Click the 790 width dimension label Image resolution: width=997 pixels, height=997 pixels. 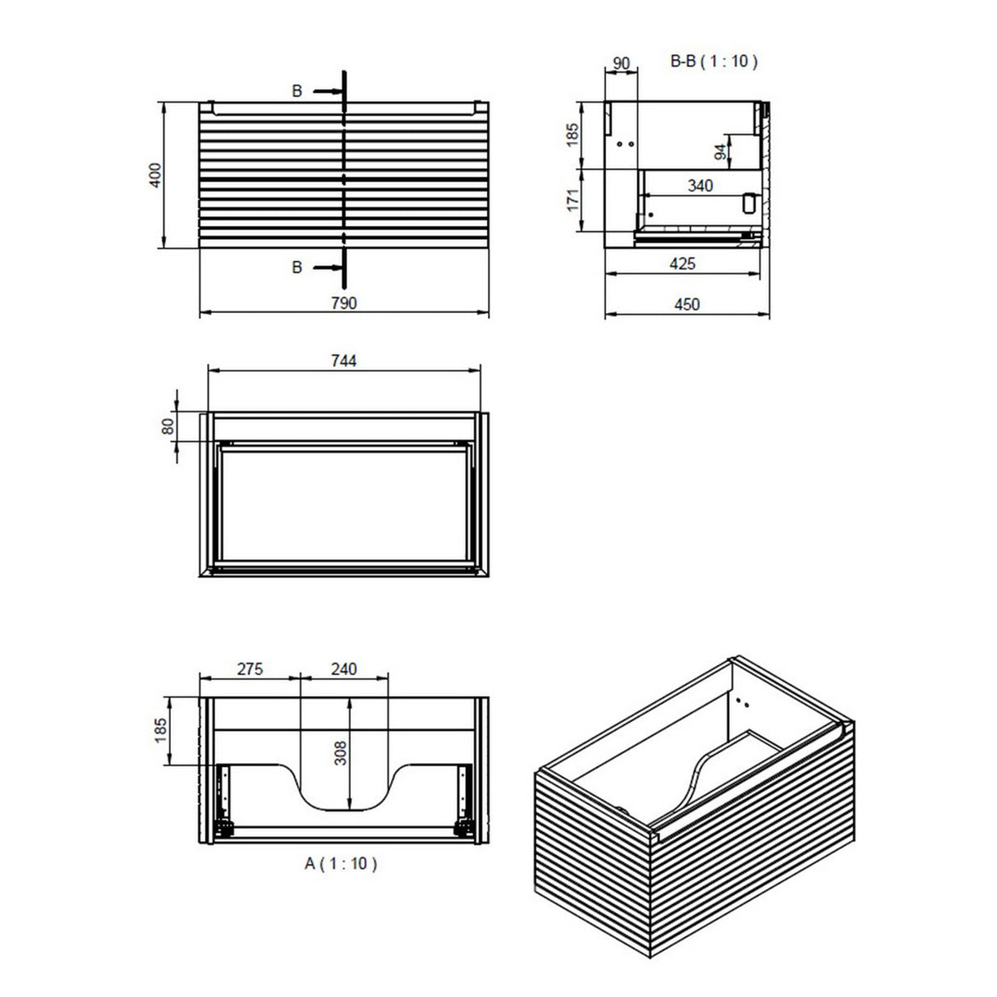tap(344, 303)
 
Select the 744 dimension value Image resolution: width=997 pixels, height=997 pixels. tap(344, 361)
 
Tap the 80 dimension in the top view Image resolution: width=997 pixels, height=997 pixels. tap(167, 426)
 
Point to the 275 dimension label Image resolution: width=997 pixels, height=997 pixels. tap(250, 669)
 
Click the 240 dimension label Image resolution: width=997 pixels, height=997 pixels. tap(343, 669)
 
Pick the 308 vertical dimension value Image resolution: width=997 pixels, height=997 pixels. tap(341, 751)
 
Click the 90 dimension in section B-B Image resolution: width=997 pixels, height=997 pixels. tap(621, 63)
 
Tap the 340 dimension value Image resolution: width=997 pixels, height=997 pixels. tap(700, 186)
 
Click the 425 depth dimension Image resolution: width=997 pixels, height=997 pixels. tap(682, 264)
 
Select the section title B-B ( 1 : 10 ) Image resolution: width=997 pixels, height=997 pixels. tap(714, 61)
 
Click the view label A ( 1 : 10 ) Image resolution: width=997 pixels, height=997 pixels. tap(342, 864)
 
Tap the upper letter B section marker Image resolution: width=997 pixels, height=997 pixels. tap(297, 91)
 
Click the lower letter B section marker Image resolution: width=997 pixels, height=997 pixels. tap(297, 268)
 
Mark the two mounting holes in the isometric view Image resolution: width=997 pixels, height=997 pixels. tap(742, 702)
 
